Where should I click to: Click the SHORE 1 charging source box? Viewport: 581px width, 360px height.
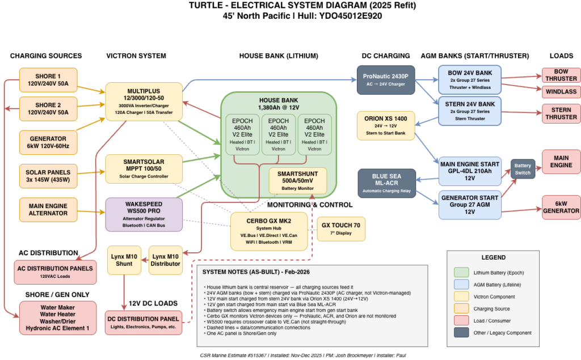click(x=48, y=80)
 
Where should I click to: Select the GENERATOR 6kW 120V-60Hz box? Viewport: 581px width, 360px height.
click(x=48, y=142)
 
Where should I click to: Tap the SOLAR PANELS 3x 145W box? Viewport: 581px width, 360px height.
click(x=48, y=176)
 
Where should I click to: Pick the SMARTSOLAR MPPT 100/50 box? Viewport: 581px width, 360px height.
click(x=144, y=168)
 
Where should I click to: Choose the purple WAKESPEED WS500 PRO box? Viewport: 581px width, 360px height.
click(x=144, y=214)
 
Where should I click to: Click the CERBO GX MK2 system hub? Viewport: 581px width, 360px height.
click(x=269, y=231)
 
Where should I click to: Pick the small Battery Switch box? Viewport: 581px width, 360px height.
click(x=523, y=169)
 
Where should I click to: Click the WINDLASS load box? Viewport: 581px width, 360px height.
click(x=561, y=92)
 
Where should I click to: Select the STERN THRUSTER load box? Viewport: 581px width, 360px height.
click(x=561, y=113)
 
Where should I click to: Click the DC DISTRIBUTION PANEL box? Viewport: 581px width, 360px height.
click(x=144, y=323)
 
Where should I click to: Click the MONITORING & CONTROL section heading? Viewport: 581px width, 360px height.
click(x=309, y=205)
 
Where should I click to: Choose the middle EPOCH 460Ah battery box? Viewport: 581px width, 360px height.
click(x=278, y=134)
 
